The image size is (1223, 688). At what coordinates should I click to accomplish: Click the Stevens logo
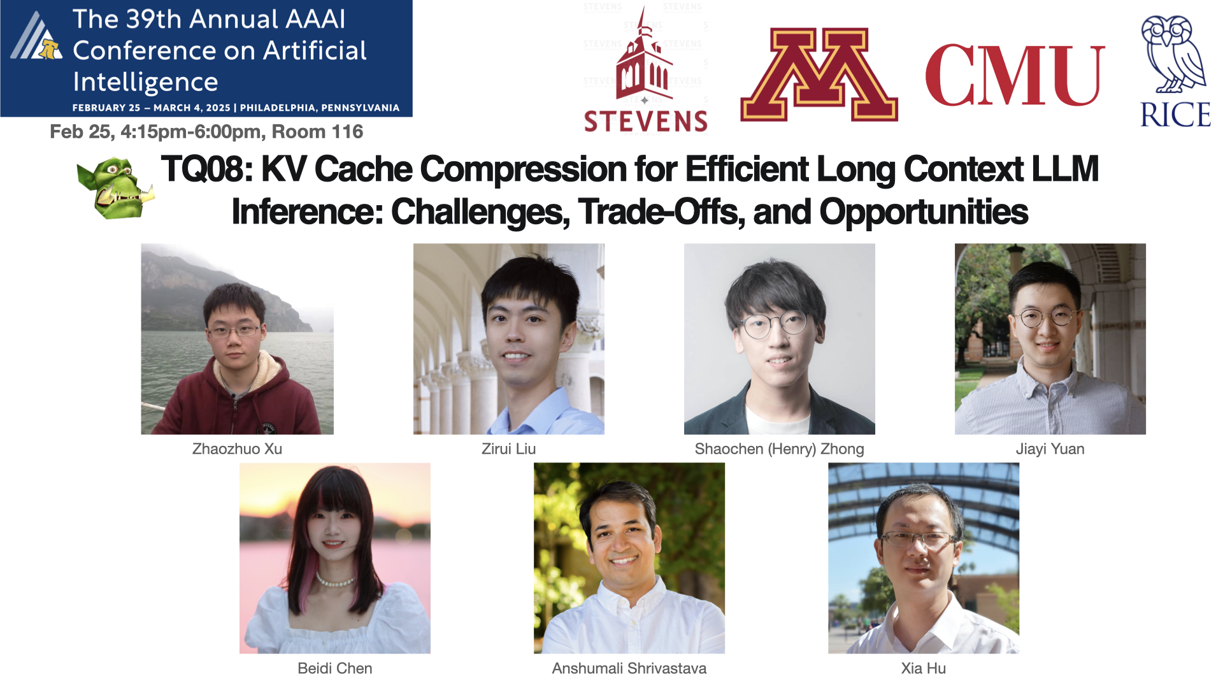coord(645,70)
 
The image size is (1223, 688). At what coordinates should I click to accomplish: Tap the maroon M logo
coord(819,75)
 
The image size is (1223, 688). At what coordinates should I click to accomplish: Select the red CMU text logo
coord(1015,76)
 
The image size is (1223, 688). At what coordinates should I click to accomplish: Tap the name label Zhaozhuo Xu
coord(237,449)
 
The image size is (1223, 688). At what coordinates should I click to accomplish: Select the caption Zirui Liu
coord(508,449)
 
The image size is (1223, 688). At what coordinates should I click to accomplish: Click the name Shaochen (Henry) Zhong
coord(779,449)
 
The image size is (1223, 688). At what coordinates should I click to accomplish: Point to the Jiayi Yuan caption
coord(1050,449)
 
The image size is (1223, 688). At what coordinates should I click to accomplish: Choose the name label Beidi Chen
coord(335,668)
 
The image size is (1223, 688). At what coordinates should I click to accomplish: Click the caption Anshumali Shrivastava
coord(629,668)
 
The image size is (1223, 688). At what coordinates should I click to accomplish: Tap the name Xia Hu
coord(923,668)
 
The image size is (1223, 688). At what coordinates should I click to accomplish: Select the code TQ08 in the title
coord(207,169)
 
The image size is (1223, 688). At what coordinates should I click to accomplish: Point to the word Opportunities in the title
coord(924,213)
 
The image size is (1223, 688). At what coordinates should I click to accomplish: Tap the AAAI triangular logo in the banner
coord(36,36)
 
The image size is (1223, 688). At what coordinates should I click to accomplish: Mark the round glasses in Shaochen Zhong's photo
coord(773,326)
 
